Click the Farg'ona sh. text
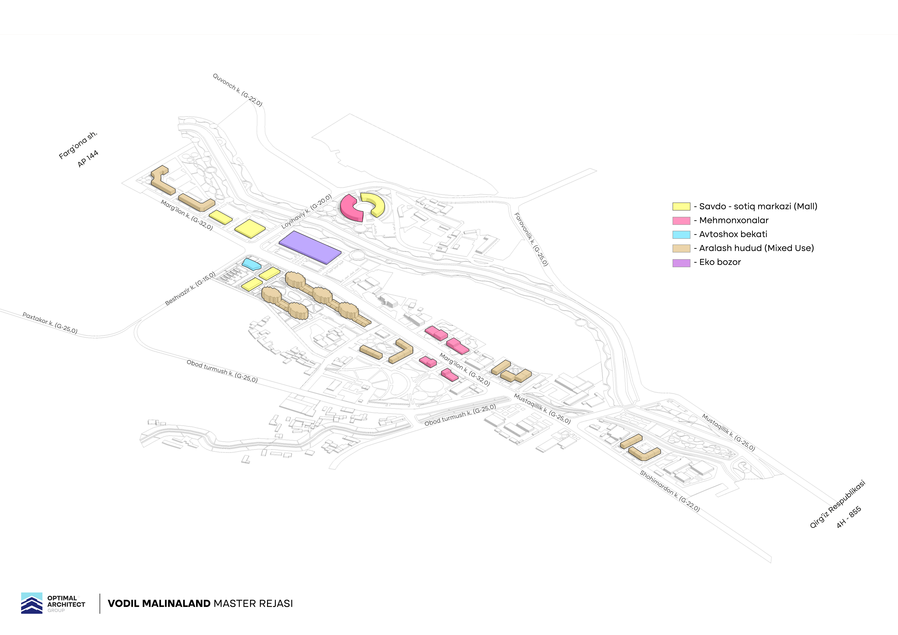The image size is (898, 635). [x=78, y=146]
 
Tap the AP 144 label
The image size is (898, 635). [x=88, y=159]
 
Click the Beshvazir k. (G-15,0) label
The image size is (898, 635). [x=190, y=289]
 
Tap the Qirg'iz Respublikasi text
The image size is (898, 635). [x=837, y=504]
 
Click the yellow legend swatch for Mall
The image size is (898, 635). [x=681, y=207]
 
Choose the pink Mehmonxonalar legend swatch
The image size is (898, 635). [x=681, y=220]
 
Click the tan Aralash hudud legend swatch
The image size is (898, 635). [x=681, y=248]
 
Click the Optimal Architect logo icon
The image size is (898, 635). [x=32, y=603]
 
